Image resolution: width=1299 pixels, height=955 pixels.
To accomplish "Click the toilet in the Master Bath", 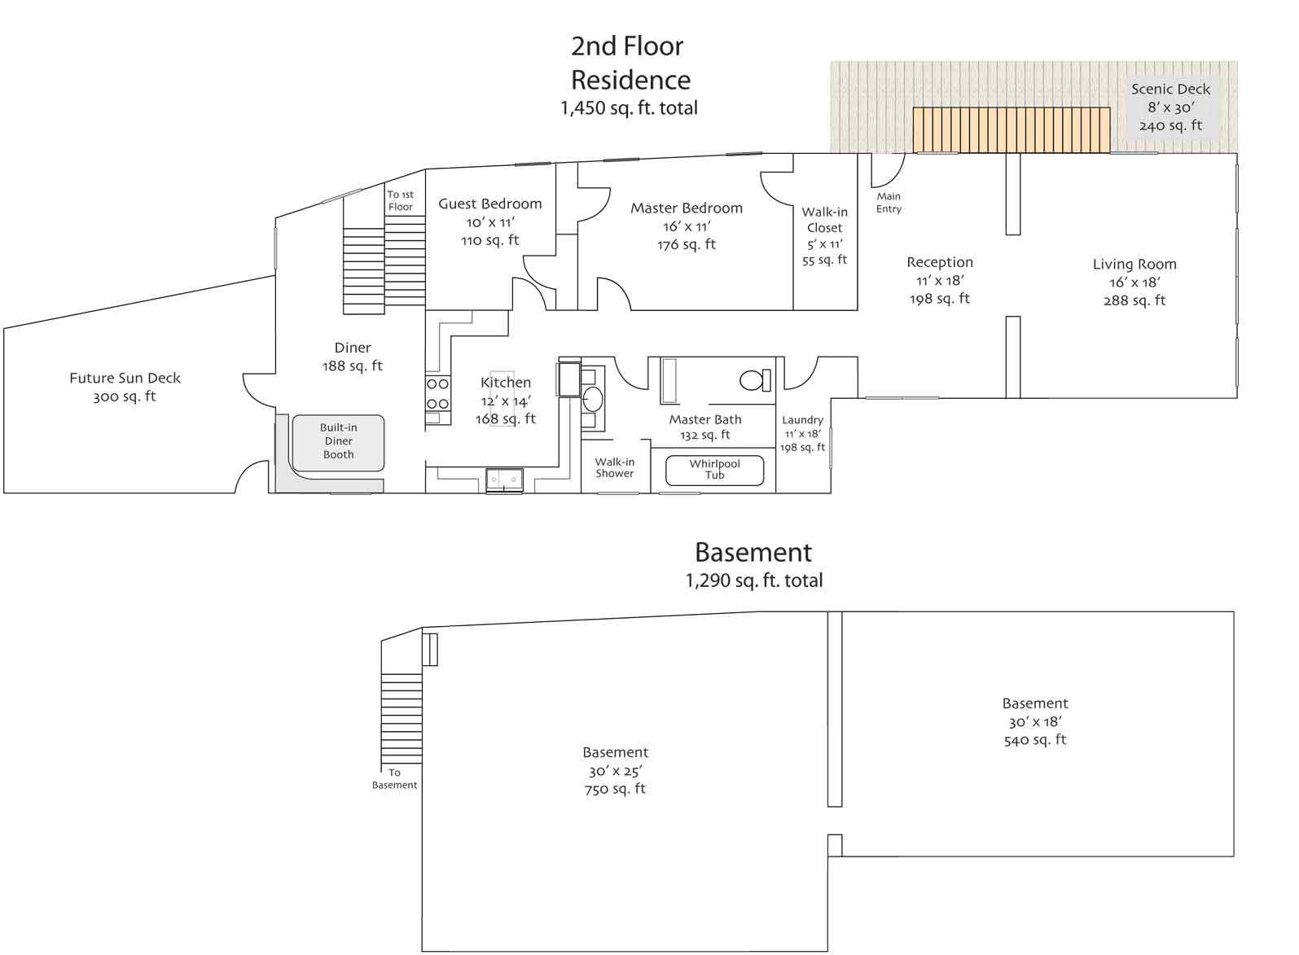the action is point(755,380).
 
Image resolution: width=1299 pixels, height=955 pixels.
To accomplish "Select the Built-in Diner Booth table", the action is point(338,443).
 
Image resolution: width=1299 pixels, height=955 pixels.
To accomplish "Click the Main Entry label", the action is point(889,203).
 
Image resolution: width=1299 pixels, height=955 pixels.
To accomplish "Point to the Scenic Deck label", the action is point(1170,90).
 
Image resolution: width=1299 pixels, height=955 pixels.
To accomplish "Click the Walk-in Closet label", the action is point(824,220).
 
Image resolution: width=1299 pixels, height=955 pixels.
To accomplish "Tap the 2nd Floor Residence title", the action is point(630,63).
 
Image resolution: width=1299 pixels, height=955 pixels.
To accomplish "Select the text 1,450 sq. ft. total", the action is point(630,108).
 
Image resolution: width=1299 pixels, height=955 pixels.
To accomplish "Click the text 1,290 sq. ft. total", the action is point(754,580).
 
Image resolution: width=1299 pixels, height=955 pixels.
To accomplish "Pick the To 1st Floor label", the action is point(400,200).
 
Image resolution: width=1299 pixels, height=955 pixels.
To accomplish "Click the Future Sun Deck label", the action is point(125,378).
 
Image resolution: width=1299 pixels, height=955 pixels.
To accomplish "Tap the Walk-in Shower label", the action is point(615,467).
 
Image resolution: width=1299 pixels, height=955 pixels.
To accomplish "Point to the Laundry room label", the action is point(802,420).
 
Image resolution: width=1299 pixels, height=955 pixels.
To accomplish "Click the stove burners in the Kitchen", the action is point(438,394).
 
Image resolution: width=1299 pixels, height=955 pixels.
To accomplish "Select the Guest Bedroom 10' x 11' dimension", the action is point(490,222).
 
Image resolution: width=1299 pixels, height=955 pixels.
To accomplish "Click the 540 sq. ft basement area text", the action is point(1035,740).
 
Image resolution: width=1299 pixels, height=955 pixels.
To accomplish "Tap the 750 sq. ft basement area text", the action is point(615,789).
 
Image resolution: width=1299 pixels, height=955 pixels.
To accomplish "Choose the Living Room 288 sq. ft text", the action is point(1134,300).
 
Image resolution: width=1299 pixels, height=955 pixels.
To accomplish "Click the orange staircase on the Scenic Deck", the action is point(1012,130).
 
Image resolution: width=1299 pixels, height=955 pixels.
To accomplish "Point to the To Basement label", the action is point(394,778).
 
